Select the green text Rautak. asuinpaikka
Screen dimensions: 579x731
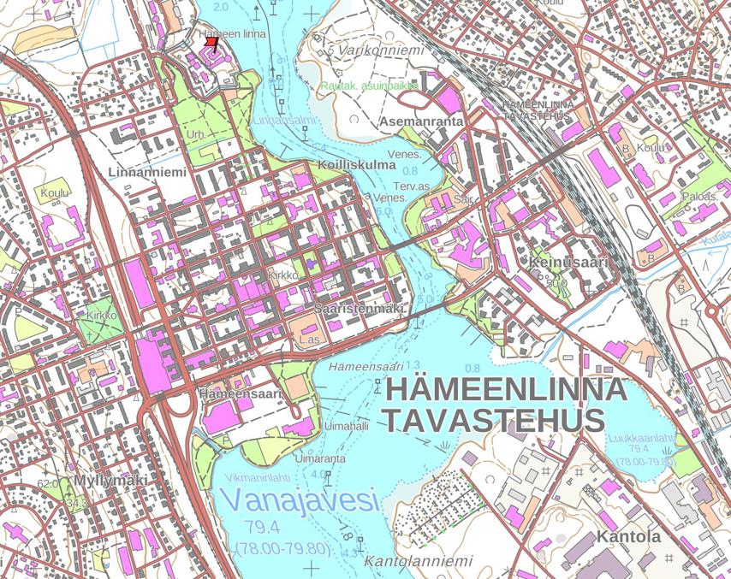click(x=370, y=86)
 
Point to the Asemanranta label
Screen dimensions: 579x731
click(x=422, y=121)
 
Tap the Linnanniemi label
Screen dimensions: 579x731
click(x=147, y=172)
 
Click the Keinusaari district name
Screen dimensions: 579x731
click(x=568, y=262)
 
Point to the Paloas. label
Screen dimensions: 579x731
click(x=699, y=196)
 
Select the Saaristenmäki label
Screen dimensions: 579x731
click(x=358, y=308)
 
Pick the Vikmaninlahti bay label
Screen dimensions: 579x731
click(x=259, y=477)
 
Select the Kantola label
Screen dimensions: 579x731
click(x=628, y=537)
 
